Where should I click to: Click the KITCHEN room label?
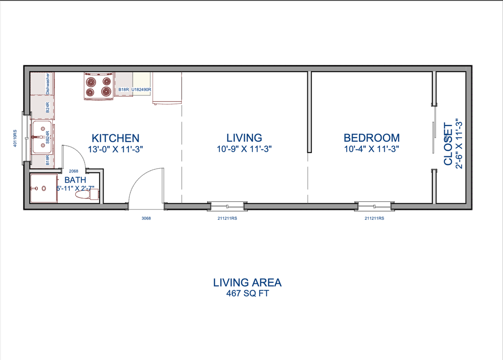pyautogui.click(x=115, y=138)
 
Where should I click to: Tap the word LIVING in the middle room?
pyautogui.click(x=244, y=138)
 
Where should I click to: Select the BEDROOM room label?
pyautogui.click(x=371, y=138)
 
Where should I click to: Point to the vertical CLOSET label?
pyautogui.click(x=448, y=144)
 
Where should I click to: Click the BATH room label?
pyautogui.click(x=75, y=180)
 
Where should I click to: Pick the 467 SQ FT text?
pyautogui.click(x=247, y=293)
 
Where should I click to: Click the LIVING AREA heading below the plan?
pyautogui.click(x=247, y=282)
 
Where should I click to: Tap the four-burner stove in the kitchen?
pyautogui.click(x=99, y=86)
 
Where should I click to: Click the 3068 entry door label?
pyautogui.click(x=146, y=218)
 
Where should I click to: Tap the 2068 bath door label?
pyautogui.click(x=73, y=171)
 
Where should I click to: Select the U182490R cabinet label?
pyautogui.click(x=141, y=90)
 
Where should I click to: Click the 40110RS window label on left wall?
pyautogui.click(x=15, y=138)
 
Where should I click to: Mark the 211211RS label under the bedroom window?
pyautogui.click(x=374, y=218)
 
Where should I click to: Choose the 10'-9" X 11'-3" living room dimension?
pyautogui.click(x=244, y=149)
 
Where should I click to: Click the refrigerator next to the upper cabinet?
pyautogui.click(x=167, y=88)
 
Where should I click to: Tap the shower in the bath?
pyautogui.click(x=43, y=189)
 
